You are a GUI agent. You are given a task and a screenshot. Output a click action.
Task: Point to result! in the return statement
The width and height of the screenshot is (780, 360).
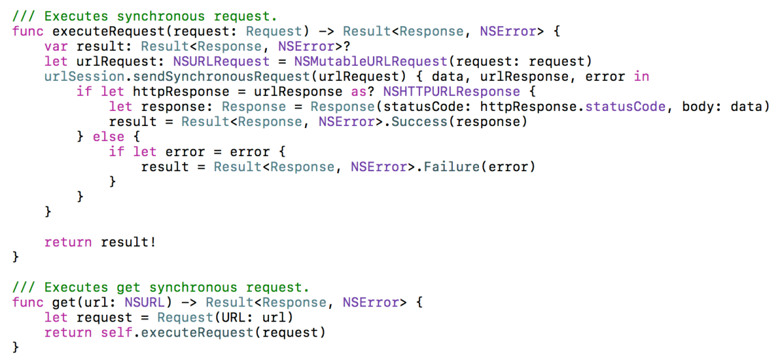(x=129, y=242)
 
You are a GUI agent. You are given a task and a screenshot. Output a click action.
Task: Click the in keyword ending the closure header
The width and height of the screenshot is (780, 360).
(x=641, y=76)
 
